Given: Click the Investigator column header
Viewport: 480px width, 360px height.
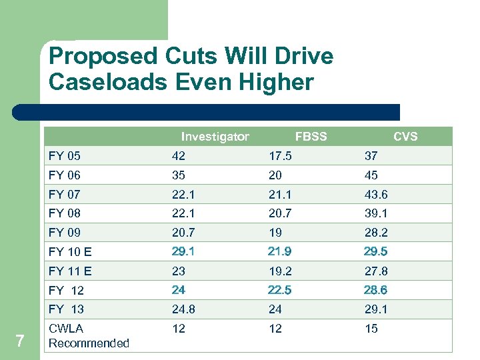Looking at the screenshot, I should tap(215, 137).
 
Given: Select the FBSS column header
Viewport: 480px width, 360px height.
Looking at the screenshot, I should tap(311, 137).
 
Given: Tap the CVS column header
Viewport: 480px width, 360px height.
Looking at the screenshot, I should tap(405, 137).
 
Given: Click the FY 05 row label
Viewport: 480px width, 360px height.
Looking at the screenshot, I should tap(65, 156).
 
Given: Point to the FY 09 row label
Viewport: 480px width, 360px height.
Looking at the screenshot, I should tap(65, 233).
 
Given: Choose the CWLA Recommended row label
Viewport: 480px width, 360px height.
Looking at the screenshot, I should tap(89, 335).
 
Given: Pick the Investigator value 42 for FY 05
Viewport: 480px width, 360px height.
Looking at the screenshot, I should tap(179, 156).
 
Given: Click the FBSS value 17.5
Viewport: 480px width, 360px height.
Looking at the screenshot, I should tap(280, 156).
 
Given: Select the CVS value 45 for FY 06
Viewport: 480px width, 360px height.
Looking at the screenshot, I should tap(371, 175).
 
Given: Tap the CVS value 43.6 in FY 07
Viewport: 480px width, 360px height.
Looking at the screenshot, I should tap(375, 194).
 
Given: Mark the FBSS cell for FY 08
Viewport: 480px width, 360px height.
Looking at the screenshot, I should tap(280, 213).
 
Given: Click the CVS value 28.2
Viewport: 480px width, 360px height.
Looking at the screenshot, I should tap(375, 233).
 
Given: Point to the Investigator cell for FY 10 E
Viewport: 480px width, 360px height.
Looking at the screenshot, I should tap(183, 251).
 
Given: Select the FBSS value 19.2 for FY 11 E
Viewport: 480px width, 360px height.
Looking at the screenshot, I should tap(280, 271).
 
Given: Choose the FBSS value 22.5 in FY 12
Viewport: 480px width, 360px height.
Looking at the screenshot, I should tap(280, 290).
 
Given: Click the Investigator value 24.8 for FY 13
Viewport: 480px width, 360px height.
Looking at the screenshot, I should tap(183, 309).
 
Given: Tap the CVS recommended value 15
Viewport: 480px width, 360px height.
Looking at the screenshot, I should tap(371, 329).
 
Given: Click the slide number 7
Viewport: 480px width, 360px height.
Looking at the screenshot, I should tap(20, 341).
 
